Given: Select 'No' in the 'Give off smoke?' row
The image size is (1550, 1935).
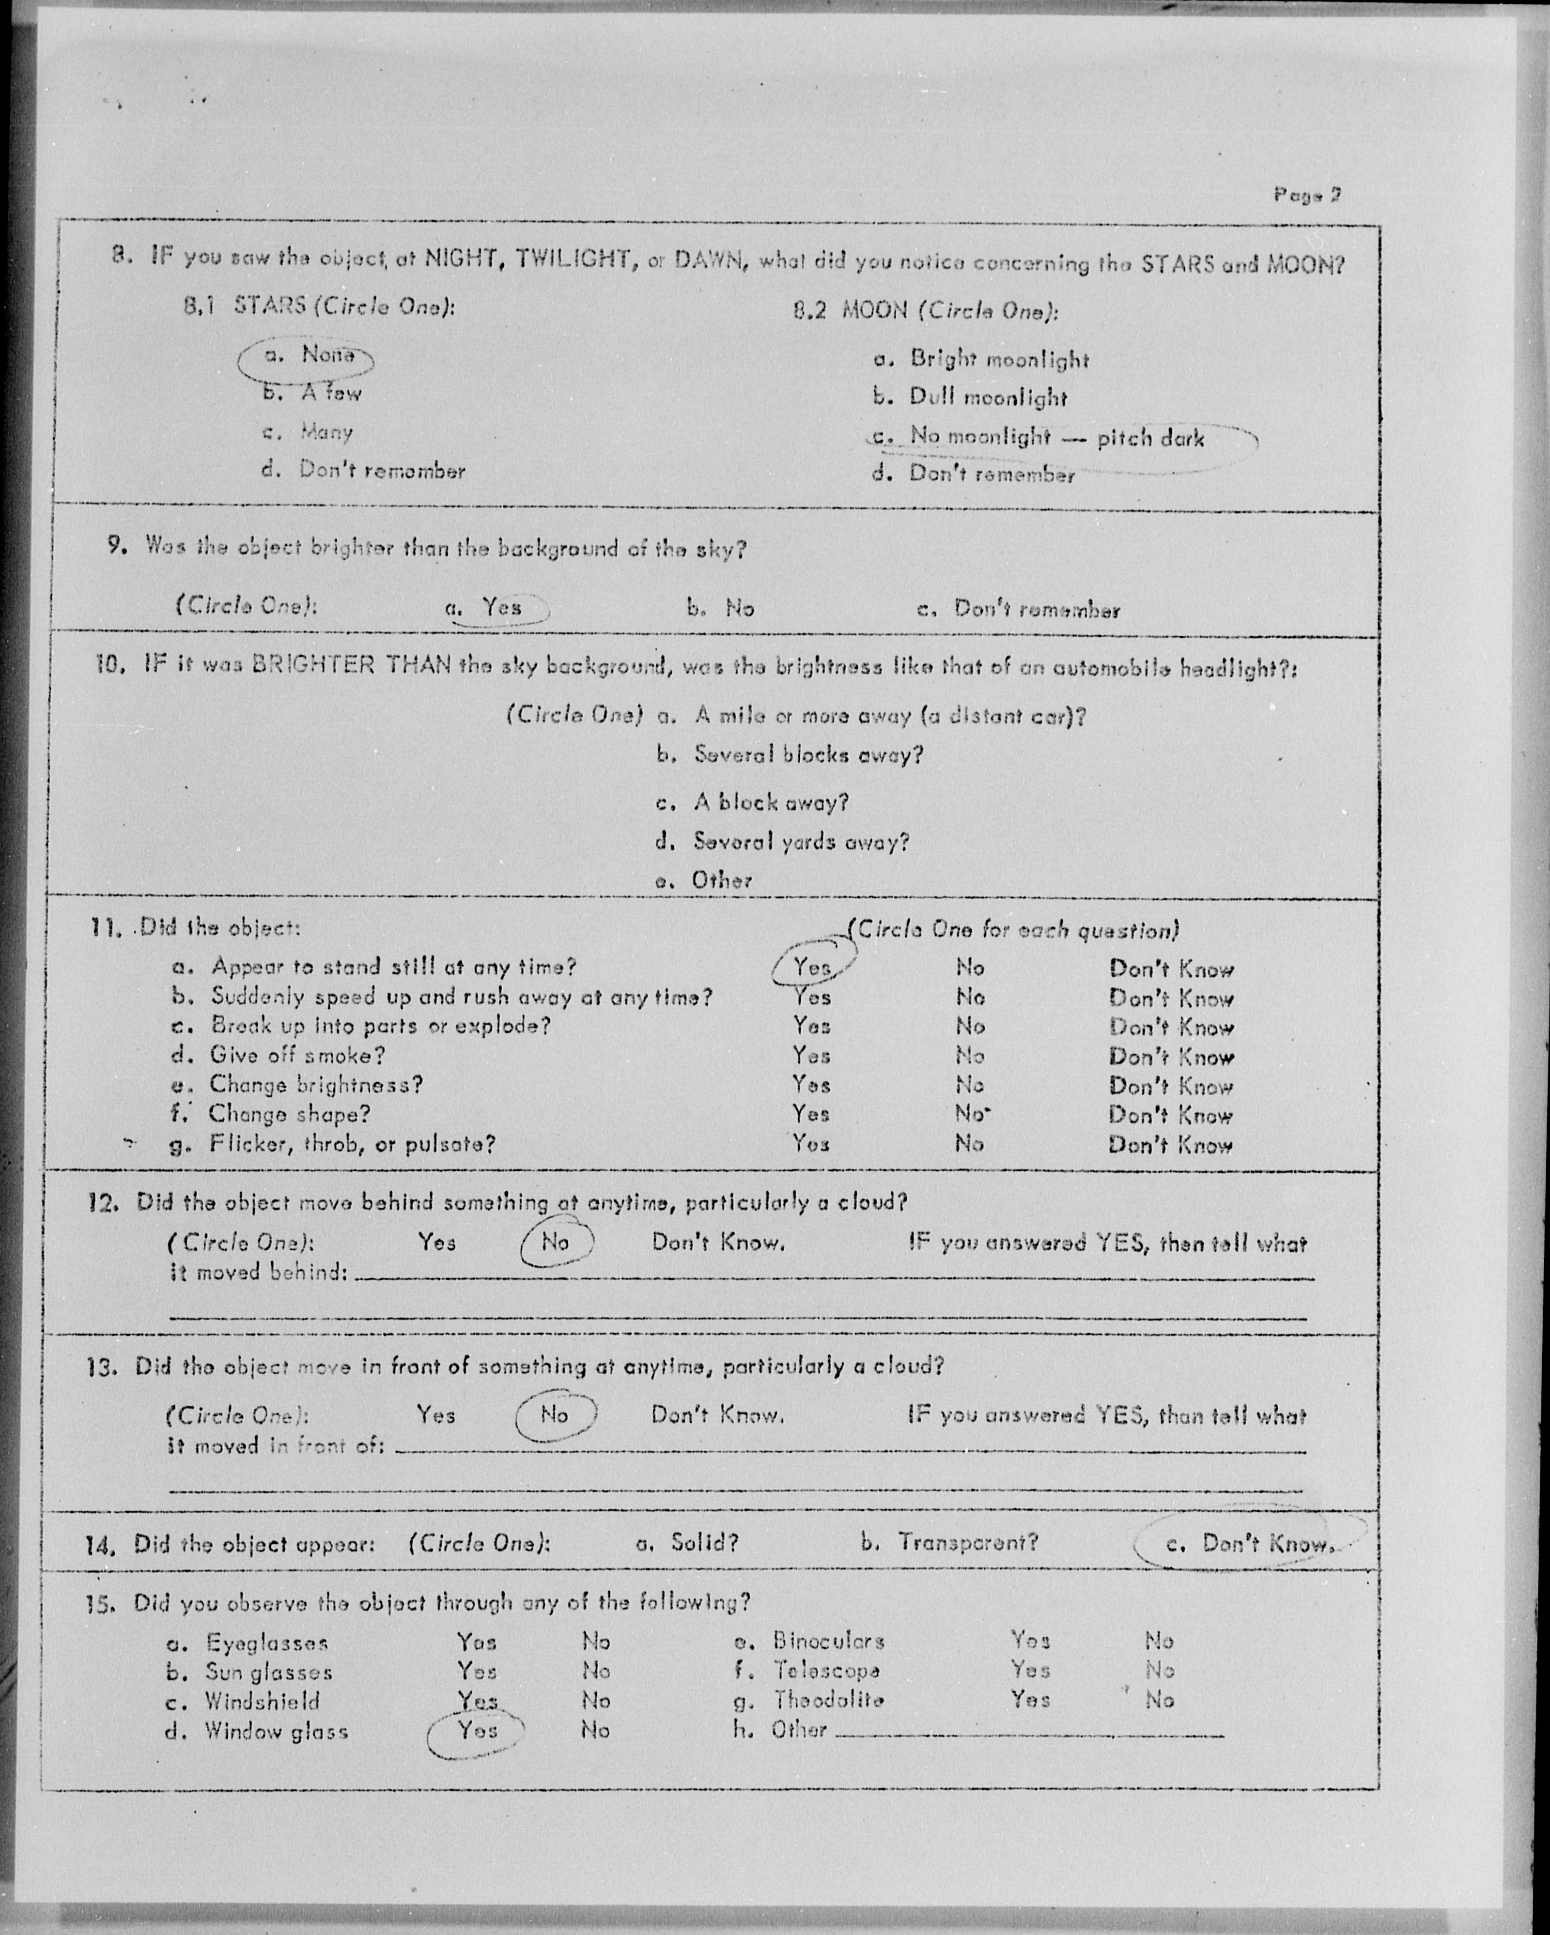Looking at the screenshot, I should (x=969, y=1056).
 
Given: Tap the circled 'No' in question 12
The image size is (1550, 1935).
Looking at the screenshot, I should (x=556, y=1242).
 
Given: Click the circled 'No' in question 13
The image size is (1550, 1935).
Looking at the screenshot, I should (x=555, y=1414).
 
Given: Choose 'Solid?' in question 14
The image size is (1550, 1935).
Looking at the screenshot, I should (x=704, y=1543).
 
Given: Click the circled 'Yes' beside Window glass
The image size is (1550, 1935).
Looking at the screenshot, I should (x=477, y=1730).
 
